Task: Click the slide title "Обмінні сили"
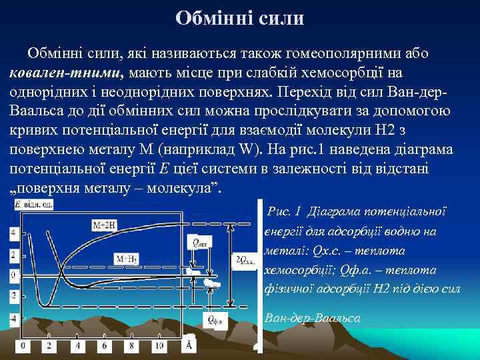point(240,18)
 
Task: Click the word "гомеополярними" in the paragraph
point(338,53)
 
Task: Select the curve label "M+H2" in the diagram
point(126,258)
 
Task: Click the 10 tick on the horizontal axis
point(159,345)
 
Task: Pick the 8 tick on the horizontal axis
point(131,345)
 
